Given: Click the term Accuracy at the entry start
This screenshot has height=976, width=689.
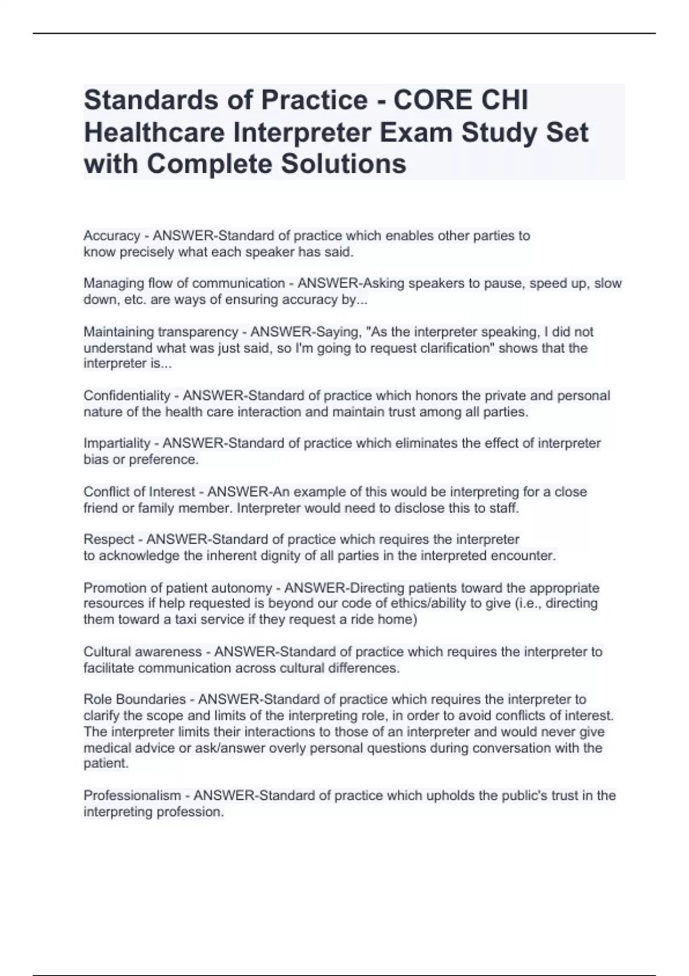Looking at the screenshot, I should (112, 236).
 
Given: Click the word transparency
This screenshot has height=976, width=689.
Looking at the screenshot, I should (198, 332).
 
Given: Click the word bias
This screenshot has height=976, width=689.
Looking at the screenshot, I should (95, 459).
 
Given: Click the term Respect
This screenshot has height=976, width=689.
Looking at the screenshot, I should (109, 540).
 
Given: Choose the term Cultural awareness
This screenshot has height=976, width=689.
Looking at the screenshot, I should (142, 652).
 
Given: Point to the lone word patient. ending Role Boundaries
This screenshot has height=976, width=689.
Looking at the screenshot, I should (106, 764).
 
